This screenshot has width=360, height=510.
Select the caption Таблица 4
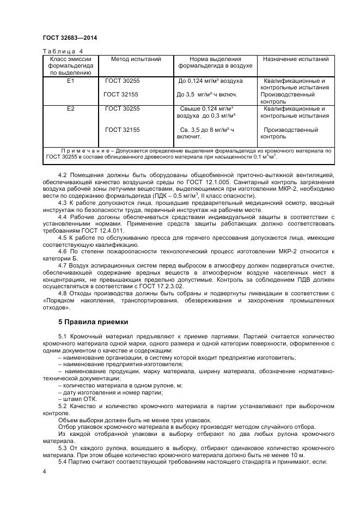[x=59, y=51]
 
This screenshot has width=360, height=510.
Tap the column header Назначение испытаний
[x=296, y=59]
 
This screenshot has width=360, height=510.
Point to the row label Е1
[x=70, y=81]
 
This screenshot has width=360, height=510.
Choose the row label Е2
[x=70, y=108]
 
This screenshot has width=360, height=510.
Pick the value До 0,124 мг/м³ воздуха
[x=210, y=81]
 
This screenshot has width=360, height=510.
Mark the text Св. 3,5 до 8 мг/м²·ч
[x=207, y=130]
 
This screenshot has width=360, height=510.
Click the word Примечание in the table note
[x=84, y=150]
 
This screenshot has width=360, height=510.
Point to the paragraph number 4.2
[x=62, y=175]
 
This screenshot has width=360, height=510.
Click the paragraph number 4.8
[x=62, y=294]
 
